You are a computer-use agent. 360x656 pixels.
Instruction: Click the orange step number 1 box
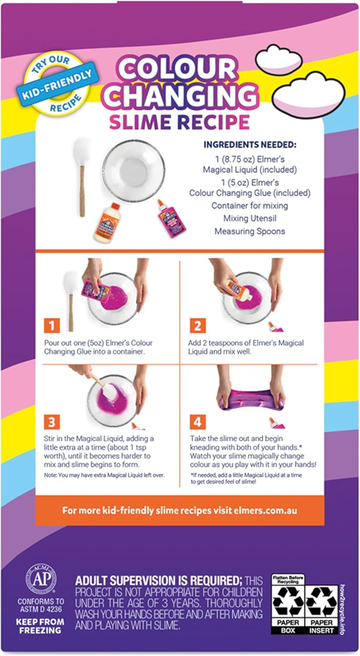(x=52, y=326)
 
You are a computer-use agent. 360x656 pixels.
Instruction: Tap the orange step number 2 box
(x=197, y=326)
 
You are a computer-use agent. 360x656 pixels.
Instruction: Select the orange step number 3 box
(x=52, y=422)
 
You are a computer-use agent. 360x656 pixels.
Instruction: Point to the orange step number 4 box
(x=197, y=422)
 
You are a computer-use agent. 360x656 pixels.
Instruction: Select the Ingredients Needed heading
(x=250, y=145)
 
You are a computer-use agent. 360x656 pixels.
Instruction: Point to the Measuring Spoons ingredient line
(x=249, y=231)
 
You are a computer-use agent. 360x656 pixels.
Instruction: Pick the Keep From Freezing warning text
(x=40, y=625)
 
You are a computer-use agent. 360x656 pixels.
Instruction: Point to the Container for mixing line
(x=249, y=205)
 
